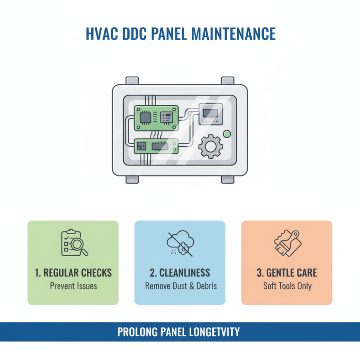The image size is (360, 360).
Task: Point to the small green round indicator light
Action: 227,134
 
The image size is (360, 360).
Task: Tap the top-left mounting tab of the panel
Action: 132,81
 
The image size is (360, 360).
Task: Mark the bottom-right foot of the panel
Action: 228,179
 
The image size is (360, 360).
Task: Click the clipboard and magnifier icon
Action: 73,243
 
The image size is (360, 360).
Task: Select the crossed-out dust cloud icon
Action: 180,243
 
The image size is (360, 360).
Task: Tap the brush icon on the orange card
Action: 287,243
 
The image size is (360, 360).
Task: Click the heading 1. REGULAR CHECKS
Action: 73,273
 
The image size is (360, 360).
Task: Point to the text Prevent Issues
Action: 73,286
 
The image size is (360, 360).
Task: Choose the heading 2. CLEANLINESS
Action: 180,273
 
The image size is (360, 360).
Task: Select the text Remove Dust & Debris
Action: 180,286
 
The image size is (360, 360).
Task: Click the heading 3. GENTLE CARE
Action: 287,273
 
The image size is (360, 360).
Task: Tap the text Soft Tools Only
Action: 287,286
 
